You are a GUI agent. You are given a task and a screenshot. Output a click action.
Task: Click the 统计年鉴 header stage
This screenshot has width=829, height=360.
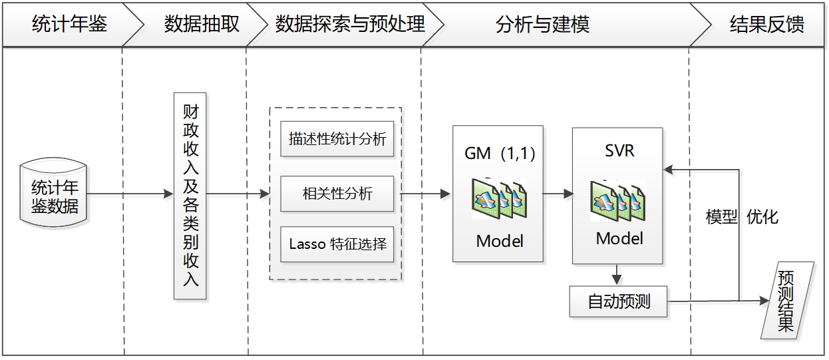click(x=69, y=25)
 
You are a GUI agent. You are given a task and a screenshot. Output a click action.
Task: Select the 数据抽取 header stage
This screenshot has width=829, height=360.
click(x=201, y=25)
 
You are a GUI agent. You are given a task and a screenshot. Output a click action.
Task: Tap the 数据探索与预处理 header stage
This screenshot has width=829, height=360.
click(x=350, y=25)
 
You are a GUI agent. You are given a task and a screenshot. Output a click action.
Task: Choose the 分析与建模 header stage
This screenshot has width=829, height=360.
click(x=542, y=25)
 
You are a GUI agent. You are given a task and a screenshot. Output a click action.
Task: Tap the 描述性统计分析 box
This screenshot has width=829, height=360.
click(x=337, y=139)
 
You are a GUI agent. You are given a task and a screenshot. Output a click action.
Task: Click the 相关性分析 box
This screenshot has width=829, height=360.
click(x=337, y=194)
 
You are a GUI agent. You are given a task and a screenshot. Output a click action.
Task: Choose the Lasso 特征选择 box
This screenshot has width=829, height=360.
click(x=337, y=244)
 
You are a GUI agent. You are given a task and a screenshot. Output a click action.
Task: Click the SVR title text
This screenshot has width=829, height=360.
click(x=618, y=151)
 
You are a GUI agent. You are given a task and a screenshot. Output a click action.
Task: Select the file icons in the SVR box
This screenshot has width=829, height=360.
click(x=618, y=200)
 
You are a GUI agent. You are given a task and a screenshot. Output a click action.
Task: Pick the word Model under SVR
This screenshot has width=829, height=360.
click(x=619, y=238)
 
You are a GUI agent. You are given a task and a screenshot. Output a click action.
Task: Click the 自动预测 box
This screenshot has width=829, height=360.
click(x=619, y=302)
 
